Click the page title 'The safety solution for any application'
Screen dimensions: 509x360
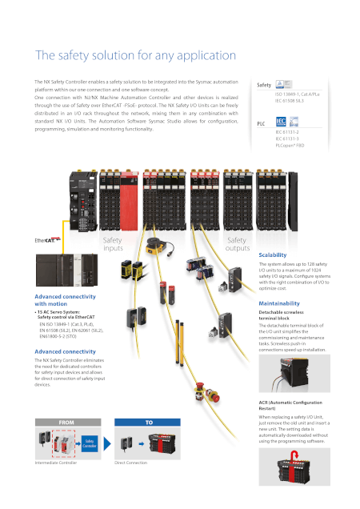134,56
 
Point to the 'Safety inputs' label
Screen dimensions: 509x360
113,243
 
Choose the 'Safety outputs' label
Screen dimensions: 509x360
238,243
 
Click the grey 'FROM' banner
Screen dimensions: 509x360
62,421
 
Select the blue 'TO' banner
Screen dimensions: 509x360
149,421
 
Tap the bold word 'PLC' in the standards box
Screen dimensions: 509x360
261,124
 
